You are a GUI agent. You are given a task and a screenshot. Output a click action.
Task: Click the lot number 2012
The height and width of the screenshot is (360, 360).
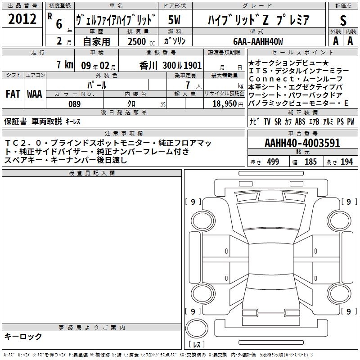tap(22, 19)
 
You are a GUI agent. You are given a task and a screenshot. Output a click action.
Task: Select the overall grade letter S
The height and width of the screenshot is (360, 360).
tap(343, 20)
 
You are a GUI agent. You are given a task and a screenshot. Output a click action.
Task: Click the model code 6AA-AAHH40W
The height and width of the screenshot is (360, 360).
tap(258, 41)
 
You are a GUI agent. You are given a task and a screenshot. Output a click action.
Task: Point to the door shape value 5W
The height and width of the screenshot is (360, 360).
tap(174, 20)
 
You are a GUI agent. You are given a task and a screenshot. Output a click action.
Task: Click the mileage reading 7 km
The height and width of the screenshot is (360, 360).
tap(65, 64)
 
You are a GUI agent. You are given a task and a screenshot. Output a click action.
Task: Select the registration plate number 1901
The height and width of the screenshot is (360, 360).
tap(192, 65)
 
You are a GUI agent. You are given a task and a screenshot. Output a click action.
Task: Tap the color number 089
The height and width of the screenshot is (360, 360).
tap(75, 104)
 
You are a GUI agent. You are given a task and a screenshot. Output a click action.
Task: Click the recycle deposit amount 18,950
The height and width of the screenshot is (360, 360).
tap(225, 104)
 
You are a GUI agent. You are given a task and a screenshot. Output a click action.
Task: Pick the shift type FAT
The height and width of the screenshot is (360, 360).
tap(13, 94)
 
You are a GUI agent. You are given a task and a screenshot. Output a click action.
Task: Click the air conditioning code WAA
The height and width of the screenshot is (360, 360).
tap(35, 94)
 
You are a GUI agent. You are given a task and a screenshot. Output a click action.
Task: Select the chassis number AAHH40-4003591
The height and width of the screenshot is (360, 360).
tap(302, 143)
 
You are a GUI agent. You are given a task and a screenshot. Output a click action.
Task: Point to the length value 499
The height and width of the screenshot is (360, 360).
tap(273, 162)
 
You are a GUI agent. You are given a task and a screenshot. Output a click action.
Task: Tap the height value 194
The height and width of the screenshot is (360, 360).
tap(346, 162)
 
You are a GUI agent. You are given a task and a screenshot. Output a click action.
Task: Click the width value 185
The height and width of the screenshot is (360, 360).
tap(310, 162)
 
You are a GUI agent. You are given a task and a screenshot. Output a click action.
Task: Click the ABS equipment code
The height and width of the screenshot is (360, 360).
tap(300, 121)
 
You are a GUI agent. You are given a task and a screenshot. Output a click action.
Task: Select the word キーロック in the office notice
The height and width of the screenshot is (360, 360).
tap(23, 337)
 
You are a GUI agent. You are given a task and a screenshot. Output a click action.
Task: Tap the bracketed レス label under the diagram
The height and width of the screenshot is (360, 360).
tap(197, 344)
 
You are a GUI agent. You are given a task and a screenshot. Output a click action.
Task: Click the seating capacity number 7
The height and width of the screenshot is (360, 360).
tap(188, 85)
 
